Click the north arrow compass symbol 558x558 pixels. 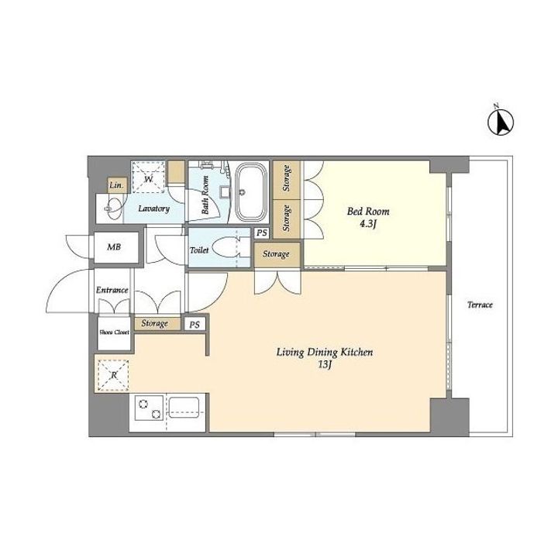501,120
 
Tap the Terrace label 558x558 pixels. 480,305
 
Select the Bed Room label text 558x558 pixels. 368,212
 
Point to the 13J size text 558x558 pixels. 325,365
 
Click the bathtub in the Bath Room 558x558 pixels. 251,192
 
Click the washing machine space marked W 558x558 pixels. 148,177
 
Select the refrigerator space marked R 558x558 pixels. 113,375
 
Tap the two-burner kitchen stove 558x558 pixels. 149,408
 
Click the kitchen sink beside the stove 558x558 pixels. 184,408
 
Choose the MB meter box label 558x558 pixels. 114,246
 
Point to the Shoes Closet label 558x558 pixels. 114,332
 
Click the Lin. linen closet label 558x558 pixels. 117,185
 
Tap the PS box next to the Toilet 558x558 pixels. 262,233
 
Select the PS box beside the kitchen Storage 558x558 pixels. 195,325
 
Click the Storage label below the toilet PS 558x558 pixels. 276,254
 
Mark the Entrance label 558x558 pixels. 112,290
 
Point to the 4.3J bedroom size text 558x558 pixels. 368,225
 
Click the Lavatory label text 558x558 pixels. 153,208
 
